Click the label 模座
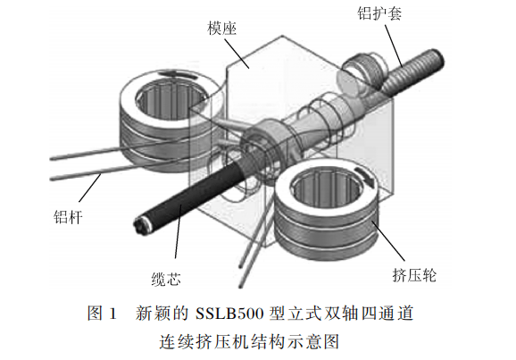221,29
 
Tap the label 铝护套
379,13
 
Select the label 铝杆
68,217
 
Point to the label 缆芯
166,280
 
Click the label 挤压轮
414,275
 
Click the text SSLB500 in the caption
229,314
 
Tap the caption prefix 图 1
102,314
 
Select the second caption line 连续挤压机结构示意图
249,341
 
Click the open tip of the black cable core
142,225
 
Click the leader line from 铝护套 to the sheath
394,46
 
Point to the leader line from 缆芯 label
178,231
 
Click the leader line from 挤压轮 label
388,241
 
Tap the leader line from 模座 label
237,54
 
